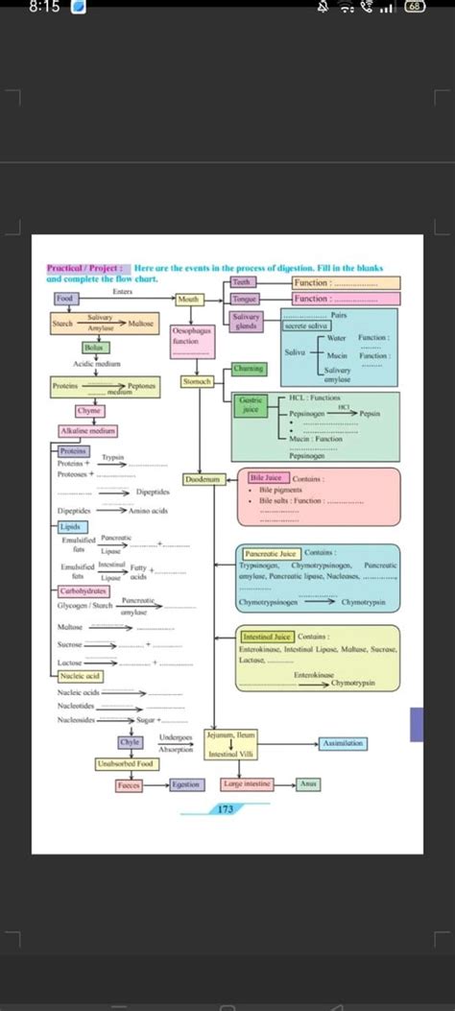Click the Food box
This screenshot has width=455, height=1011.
click(x=65, y=299)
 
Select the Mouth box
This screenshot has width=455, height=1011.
click(x=189, y=300)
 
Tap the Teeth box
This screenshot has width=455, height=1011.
click(x=242, y=282)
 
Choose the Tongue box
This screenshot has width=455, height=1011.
click(x=246, y=300)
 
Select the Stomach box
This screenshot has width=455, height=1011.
click(x=196, y=381)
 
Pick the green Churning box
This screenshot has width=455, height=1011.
click(x=250, y=369)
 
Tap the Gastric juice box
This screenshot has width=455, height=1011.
click(x=250, y=405)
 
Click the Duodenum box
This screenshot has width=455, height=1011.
click(x=204, y=478)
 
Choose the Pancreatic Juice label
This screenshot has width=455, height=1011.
click(x=271, y=553)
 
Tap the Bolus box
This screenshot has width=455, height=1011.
click(x=93, y=347)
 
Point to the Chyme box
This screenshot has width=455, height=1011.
click(x=91, y=411)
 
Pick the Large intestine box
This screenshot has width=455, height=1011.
click(x=246, y=784)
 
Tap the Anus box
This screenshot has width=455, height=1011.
click(x=307, y=784)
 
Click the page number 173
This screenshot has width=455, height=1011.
click(x=227, y=809)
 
